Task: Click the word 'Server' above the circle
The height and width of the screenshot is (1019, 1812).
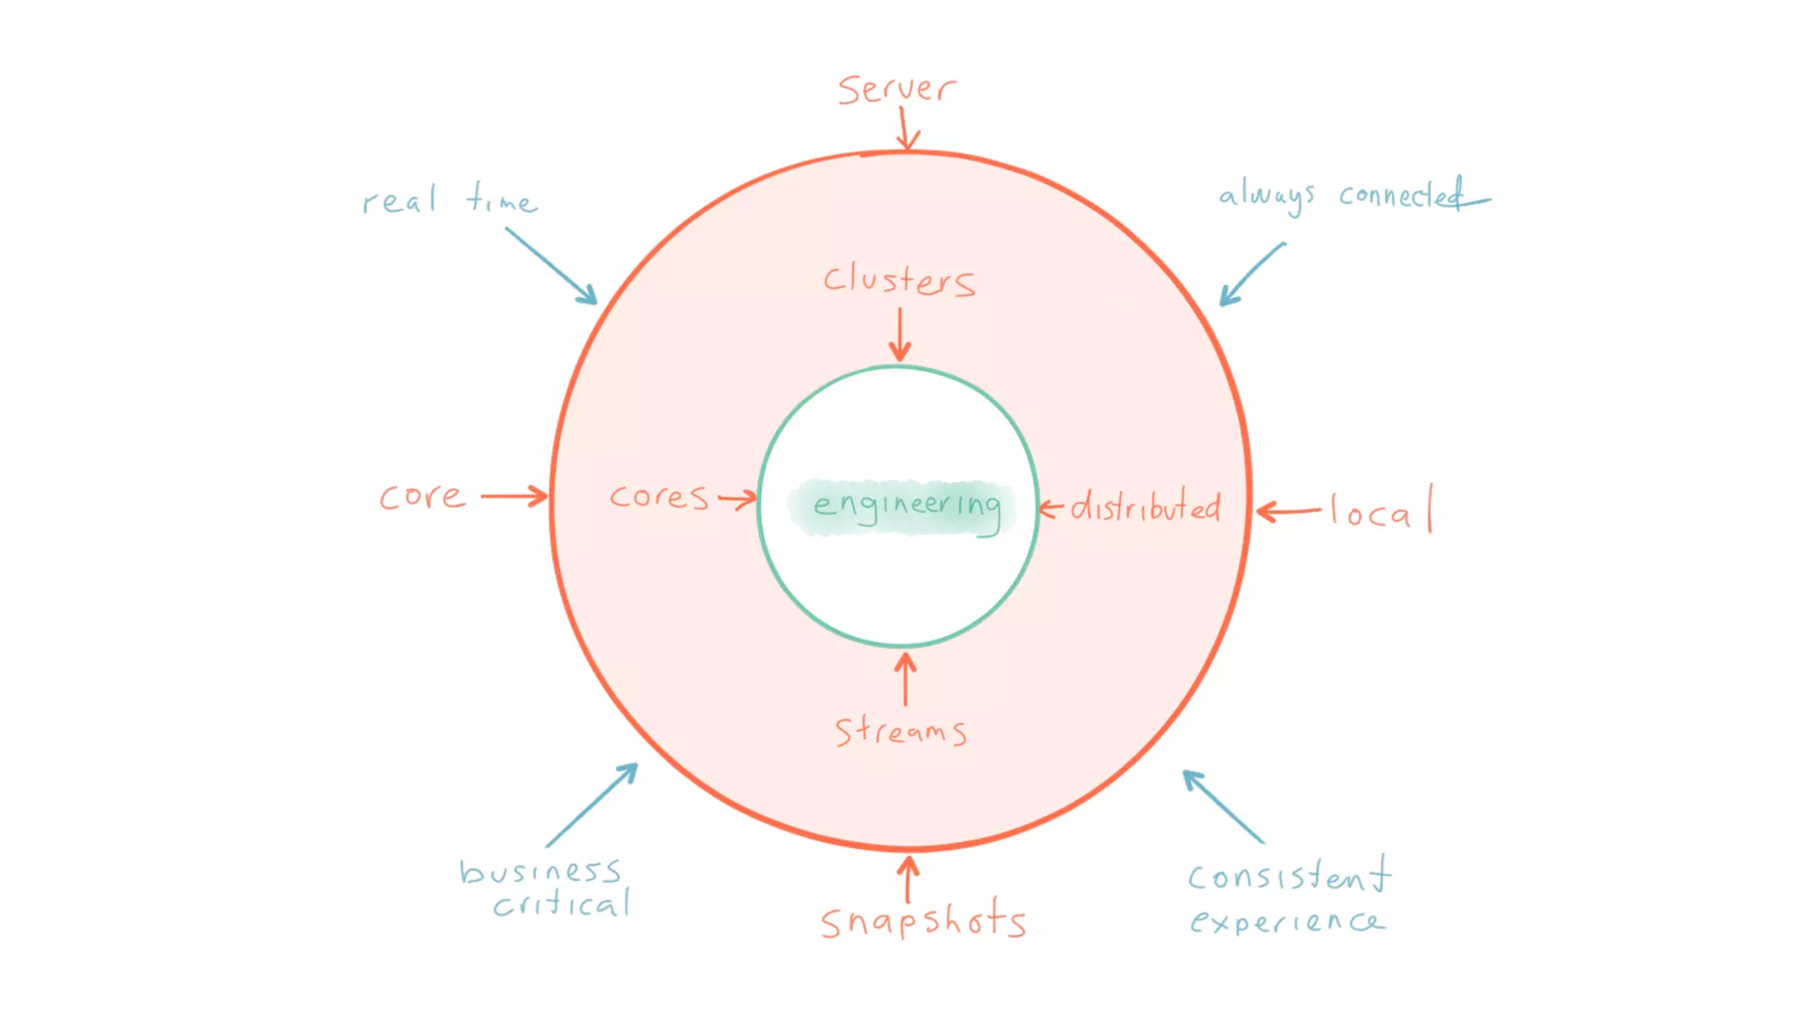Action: click(895, 89)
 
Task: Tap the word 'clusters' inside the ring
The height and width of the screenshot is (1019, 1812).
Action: click(899, 280)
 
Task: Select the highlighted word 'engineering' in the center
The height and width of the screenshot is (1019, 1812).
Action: click(906, 506)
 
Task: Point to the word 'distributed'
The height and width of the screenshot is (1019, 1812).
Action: click(1145, 507)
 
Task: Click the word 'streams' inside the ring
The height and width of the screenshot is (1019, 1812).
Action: click(901, 731)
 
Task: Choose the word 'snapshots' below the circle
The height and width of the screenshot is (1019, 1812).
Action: click(923, 920)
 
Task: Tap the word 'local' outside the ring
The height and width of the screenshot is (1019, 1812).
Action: click(1380, 511)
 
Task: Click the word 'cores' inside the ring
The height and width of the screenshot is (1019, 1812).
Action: click(659, 497)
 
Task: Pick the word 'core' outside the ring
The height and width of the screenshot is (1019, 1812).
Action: click(422, 497)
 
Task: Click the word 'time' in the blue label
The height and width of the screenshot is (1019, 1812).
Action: click(501, 199)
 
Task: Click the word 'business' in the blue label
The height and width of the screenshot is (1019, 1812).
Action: click(540, 871)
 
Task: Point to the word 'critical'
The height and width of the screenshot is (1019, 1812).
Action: click(562, 903)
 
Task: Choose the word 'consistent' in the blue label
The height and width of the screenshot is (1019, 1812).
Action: click(1288, 876)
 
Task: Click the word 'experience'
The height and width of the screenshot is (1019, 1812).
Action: click(1287, 922)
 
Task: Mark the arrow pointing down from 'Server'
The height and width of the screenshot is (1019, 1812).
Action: click(906, 129)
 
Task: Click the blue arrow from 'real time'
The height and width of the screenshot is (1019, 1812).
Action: click(551, 266)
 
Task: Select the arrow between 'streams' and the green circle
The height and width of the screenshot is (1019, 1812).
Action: click(905, 678)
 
